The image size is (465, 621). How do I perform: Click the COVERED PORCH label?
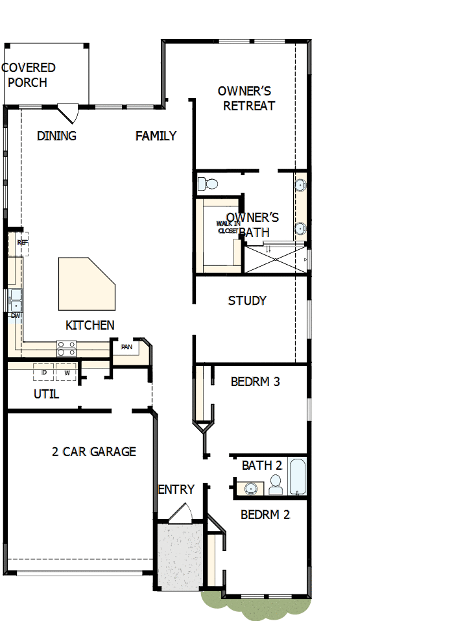coord(29,75)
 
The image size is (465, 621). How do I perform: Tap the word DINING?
coord(56,136)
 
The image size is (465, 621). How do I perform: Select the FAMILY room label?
coord(156,136)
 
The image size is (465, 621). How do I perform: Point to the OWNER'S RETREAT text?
coord(248,99)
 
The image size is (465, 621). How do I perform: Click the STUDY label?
coord(247,301)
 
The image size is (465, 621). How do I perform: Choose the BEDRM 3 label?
coord(255,382)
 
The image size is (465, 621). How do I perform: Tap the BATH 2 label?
coord(261,465)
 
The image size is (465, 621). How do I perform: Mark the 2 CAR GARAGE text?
coord(94,452)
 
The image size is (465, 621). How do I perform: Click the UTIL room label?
coord(46,394)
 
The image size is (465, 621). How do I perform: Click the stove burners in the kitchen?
coord(66,348)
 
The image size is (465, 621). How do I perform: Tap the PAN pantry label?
coord(126,347)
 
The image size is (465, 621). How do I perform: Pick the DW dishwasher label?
coord(16,315)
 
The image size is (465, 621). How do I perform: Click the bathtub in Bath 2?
coord(297,478)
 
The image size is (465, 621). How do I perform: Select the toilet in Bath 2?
coord(276,483)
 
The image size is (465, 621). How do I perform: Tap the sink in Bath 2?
coord(250,487)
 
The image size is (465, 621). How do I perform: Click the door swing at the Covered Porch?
coord(69,114)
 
